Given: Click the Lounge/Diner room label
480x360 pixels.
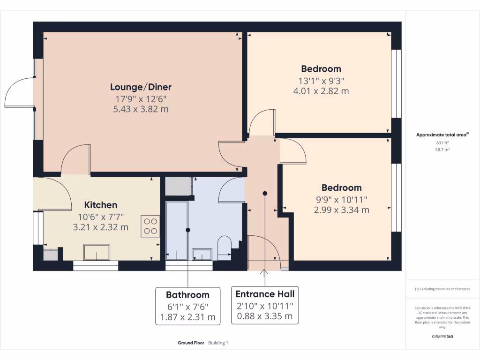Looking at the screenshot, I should (x=141, y=87).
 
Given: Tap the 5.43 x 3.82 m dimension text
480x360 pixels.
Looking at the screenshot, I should (x=141, y=109).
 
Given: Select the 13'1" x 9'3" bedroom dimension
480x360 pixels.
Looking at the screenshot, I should (x=321, y=80).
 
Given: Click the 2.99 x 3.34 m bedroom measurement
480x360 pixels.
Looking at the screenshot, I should (x=341, y=210).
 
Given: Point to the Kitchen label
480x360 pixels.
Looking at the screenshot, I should (x=100, y=205).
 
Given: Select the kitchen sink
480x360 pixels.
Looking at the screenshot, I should (x=97, y=252).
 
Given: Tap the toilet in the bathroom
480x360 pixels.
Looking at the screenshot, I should (x=225, y=247).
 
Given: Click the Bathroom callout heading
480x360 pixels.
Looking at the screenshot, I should (x=187, y=295).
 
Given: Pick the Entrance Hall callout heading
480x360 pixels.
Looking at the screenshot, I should (x=265, y=294).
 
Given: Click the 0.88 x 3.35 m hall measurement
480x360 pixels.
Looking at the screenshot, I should (x=265, y=316).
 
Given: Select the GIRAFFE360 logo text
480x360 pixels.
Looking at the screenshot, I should (x=442, y=337).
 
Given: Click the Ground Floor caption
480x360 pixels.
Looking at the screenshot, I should (x=191, y=343).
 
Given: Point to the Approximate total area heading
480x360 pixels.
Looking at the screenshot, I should (x=442, y=135).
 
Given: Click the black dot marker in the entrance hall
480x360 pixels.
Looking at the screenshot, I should (x=265, y=193).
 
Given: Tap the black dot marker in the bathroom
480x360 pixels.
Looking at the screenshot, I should (x=187, y=230).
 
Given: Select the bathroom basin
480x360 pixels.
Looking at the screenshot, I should (x=202, y=255).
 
